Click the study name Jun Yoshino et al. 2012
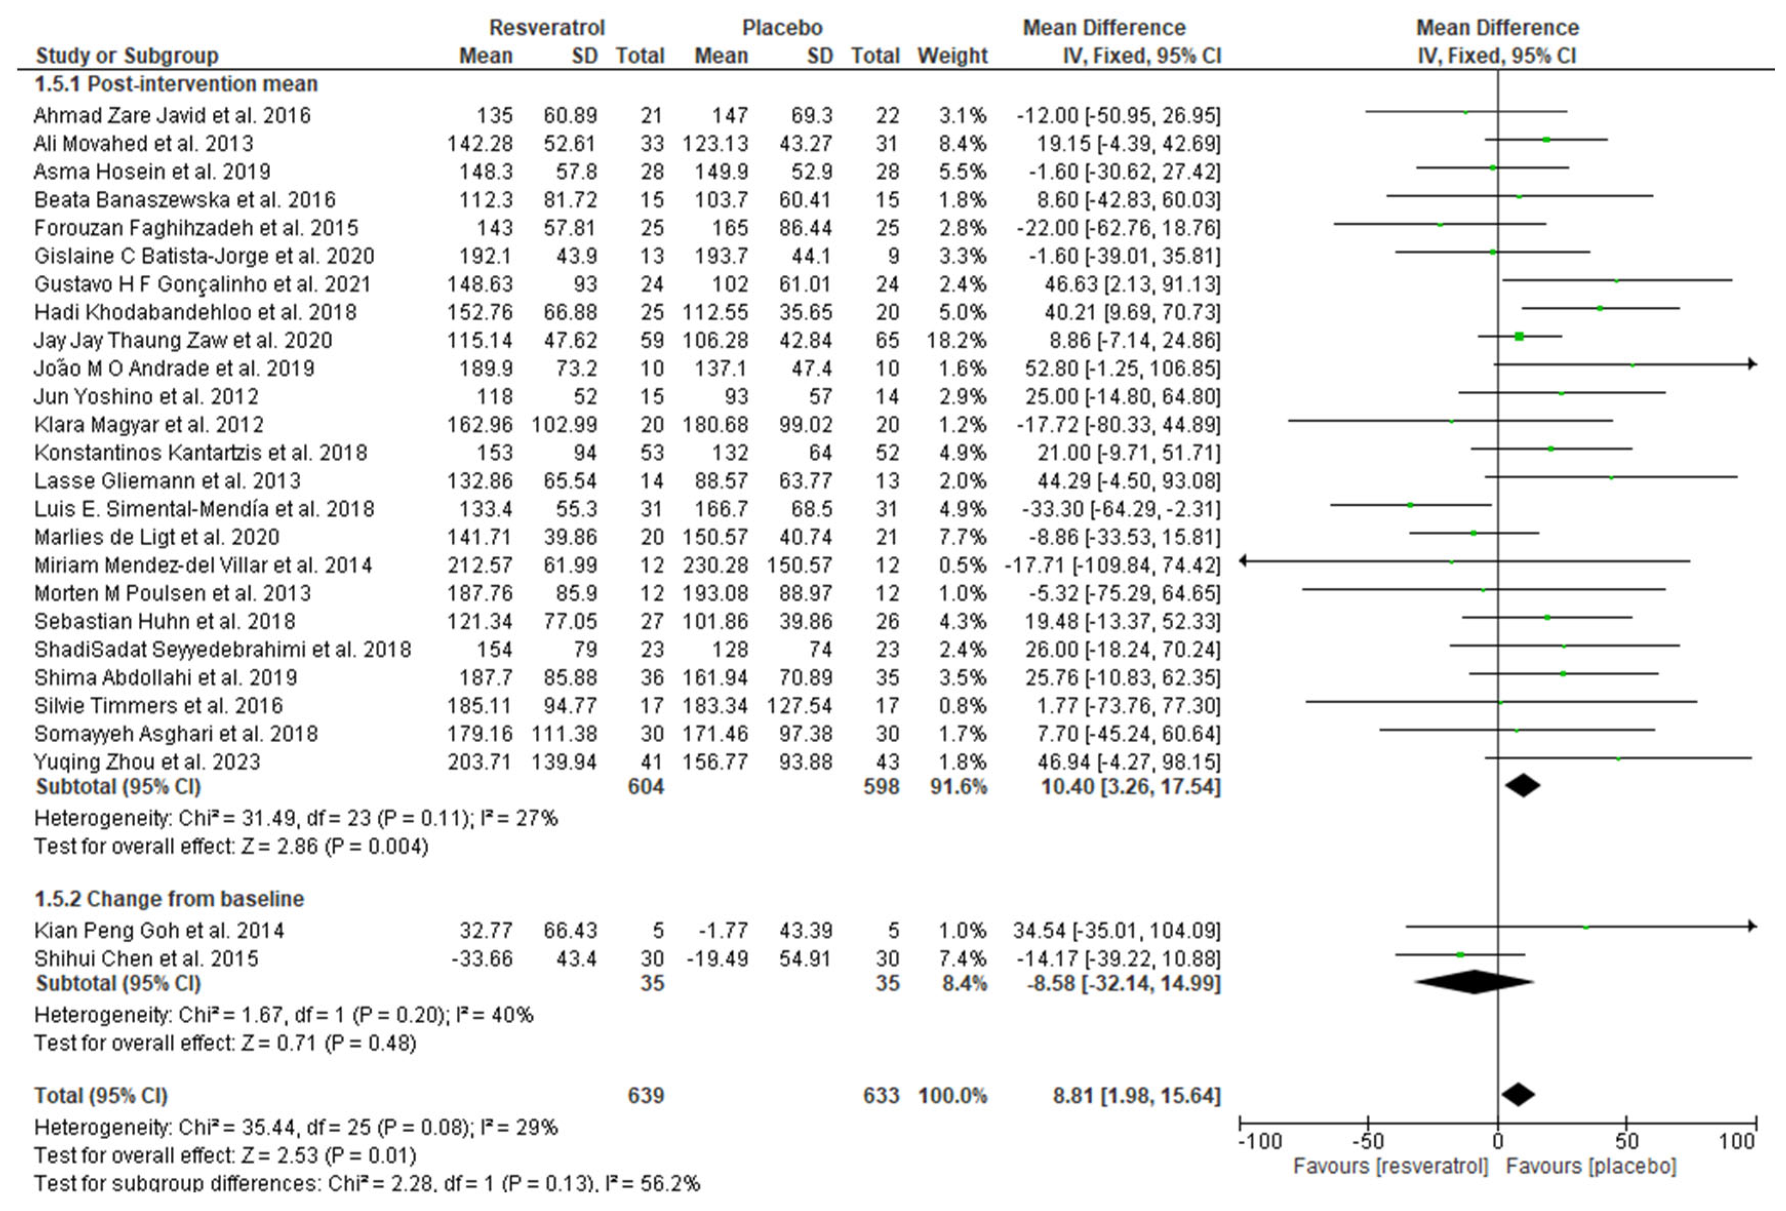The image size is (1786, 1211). coord(146,397)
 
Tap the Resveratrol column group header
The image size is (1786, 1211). coord(547,28)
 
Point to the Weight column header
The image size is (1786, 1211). coord(952,56)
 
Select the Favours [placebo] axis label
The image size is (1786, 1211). coord(1591,1166)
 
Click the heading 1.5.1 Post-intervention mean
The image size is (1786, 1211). coord(176,84)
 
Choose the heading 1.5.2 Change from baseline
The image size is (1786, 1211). coord(169,899)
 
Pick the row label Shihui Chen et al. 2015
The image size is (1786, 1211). coord(146,959)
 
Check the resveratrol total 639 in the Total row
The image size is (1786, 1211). coord(646,1096)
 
